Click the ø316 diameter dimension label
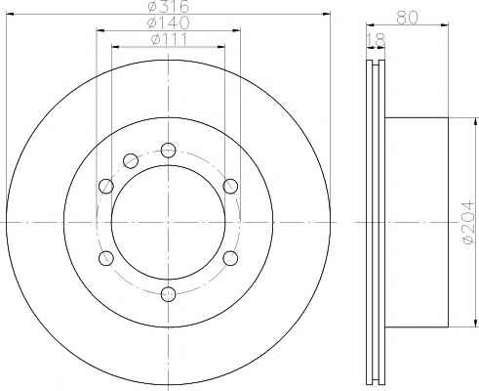(x=169, y=6)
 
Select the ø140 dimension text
(x=169, y=22)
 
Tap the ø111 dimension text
(x=169, y=39)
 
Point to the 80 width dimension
(x=407, y=17)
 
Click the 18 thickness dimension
(x=376, y=40)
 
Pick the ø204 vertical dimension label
(x=468, y=223)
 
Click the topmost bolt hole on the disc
(x=169, y=151)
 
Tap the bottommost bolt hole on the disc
(x=169, y=294)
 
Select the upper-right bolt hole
(x=230, y=186)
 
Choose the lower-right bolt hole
(x=230, y=258)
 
